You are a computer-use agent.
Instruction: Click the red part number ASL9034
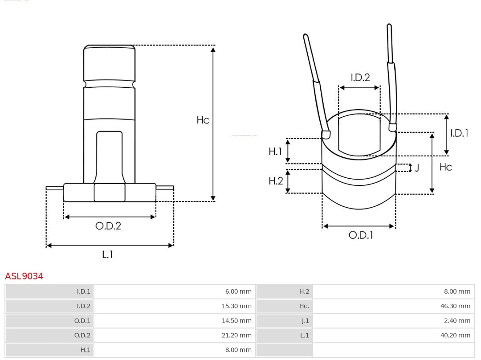[24, 276]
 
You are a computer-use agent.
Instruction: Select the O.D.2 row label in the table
[82, 335]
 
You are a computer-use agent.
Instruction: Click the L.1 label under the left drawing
[108, 255]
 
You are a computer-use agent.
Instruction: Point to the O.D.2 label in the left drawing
[108, 226]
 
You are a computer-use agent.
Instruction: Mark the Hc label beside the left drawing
[203, 120]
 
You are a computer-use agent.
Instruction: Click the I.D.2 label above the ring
[360, 78]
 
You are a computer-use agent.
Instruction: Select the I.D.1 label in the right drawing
[459, 133]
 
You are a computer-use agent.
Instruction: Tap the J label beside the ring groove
[417, 168]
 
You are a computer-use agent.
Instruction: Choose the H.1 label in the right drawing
[275, 151]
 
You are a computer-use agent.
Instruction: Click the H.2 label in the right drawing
[276, 181]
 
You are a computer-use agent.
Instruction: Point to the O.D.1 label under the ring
[360, 235]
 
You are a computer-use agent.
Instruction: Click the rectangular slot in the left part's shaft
[109, 156]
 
